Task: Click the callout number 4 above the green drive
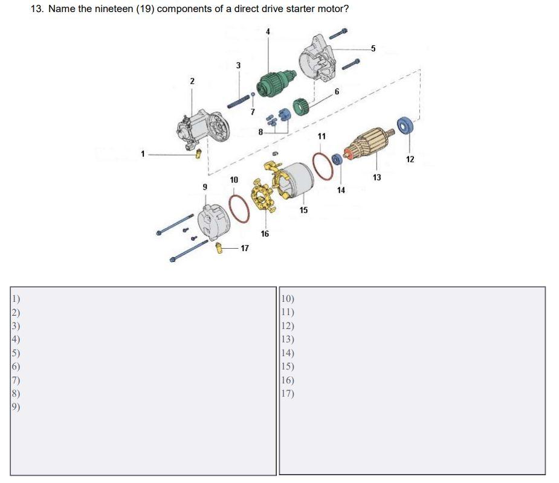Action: (268, 31)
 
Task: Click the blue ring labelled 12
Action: (404, 125)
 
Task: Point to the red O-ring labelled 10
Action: (239, 208)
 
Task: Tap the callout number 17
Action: (244, 248)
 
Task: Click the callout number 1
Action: (143, 154)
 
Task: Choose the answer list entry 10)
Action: (288, 298)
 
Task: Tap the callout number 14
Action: (341, 190)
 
